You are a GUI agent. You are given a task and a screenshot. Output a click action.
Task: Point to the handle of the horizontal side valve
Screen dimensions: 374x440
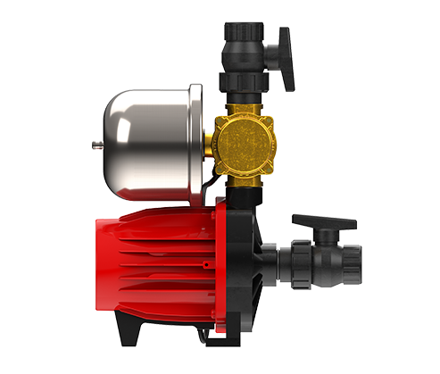pyautogui.click(x=316, y=224)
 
